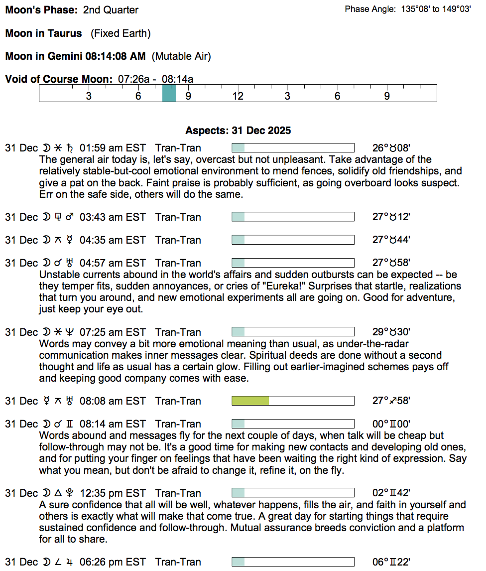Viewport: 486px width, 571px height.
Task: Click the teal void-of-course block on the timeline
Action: click(x=169, y=93)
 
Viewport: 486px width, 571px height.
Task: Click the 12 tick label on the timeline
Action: click(x=238, y=96)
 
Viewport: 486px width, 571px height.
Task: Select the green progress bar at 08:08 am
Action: click(x=250, y=401)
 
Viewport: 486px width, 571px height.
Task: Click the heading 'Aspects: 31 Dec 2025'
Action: click(x=238, y=131)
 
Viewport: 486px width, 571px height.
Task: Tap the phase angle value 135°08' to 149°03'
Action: click(x=436, y=9)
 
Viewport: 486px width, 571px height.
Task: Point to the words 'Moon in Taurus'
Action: click(x=44, y=33)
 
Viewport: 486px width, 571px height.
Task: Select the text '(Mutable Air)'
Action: click(x=181, y=56)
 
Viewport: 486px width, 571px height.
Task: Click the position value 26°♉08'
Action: click(x=391, y=148)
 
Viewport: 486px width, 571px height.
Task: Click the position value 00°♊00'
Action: click(x=391, y=424)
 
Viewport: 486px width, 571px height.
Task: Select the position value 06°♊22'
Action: click(x=391, y=562)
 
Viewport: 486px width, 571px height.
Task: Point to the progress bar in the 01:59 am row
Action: click(x=293, y=148)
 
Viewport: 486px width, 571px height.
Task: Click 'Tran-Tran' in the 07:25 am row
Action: click(x=178, y=332)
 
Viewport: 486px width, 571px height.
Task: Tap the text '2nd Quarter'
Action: click(x=111, y=10)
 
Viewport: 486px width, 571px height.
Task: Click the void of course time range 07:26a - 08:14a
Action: click(x=155, y=79)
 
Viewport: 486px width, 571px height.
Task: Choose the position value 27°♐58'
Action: click(x=391, y=401)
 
